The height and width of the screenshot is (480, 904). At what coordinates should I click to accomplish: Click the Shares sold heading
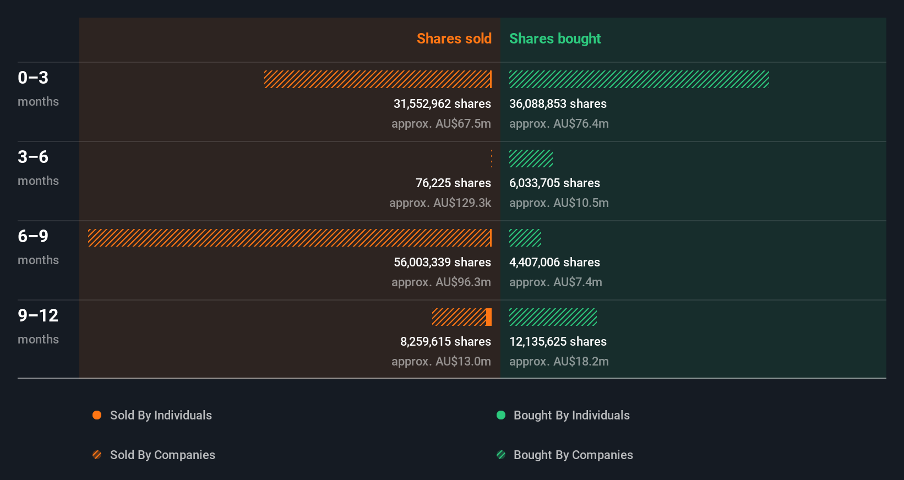[454, 39]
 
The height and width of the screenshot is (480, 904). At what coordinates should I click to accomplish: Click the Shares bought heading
[554, 39]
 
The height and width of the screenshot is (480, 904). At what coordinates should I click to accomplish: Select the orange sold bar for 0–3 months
[378, 79]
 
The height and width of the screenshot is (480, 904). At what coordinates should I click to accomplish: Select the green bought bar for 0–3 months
[639, 79]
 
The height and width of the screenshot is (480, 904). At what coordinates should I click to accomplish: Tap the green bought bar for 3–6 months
[531, 159]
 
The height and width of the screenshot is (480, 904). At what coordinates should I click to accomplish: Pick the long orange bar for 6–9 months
[290, 238]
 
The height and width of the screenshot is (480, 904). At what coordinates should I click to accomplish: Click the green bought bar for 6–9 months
[525, 238]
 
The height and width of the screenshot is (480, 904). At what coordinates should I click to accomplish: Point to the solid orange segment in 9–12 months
[489, 317]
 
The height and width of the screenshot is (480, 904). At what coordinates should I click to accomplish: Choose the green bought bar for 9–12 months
[553, 317]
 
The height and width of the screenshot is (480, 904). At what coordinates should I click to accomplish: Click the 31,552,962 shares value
[442, 104]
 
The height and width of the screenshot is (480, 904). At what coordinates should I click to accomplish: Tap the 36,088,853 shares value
[558, 104]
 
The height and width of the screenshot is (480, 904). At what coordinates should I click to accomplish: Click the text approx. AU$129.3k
[440, 203]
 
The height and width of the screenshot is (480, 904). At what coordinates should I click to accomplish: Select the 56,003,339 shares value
[442, 263]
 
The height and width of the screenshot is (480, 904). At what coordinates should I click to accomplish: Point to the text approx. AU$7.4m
[556, 282]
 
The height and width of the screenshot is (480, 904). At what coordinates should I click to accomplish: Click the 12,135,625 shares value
[558, 342]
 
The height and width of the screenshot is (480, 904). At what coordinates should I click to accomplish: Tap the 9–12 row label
[38, 316]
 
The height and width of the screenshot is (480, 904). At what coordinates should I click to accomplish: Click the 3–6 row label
[33, 157]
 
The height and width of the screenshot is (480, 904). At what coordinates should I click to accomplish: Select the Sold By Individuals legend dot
[97, 415]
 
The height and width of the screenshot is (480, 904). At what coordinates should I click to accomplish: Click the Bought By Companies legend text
[573, 455]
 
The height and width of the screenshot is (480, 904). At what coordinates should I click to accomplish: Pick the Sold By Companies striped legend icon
[97, 455]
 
